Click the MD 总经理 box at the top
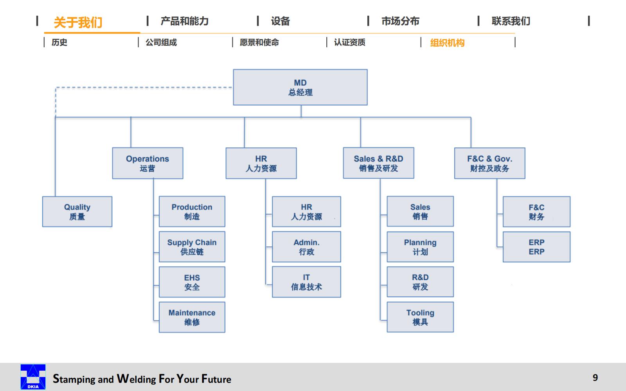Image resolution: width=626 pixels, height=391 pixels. pos(300,87)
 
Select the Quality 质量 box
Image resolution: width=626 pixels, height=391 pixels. pos(77,212)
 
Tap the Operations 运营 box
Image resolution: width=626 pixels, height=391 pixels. pos(148,163)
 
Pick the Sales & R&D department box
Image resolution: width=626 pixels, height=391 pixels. pos(378,163)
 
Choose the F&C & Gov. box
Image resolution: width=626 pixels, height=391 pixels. pos(489,163)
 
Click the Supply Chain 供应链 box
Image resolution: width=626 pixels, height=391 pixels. pos(192,247)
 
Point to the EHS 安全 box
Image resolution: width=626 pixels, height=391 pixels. pos(192,282)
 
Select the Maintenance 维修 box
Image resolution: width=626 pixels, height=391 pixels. pos(192,317)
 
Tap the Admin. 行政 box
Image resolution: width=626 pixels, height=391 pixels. pos(306,247)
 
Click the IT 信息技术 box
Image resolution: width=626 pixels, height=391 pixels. pos(306,282)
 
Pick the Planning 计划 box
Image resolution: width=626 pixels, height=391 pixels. pos(420,247)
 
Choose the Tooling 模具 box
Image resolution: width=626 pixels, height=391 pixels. pos(420,317)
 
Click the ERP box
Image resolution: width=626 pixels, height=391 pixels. pos(536,247)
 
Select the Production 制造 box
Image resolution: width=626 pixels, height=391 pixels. pos(192,212)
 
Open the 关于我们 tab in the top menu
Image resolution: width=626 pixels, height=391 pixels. pos(78,22)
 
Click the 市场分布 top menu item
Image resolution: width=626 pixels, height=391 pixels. pos(400,21)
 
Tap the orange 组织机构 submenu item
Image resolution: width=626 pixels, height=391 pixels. pos(447,43)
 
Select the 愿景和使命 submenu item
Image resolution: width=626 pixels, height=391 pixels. pos(259,42)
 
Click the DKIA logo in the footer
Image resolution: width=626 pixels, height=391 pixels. pos(33,377)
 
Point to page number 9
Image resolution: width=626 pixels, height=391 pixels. pos(595,377)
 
